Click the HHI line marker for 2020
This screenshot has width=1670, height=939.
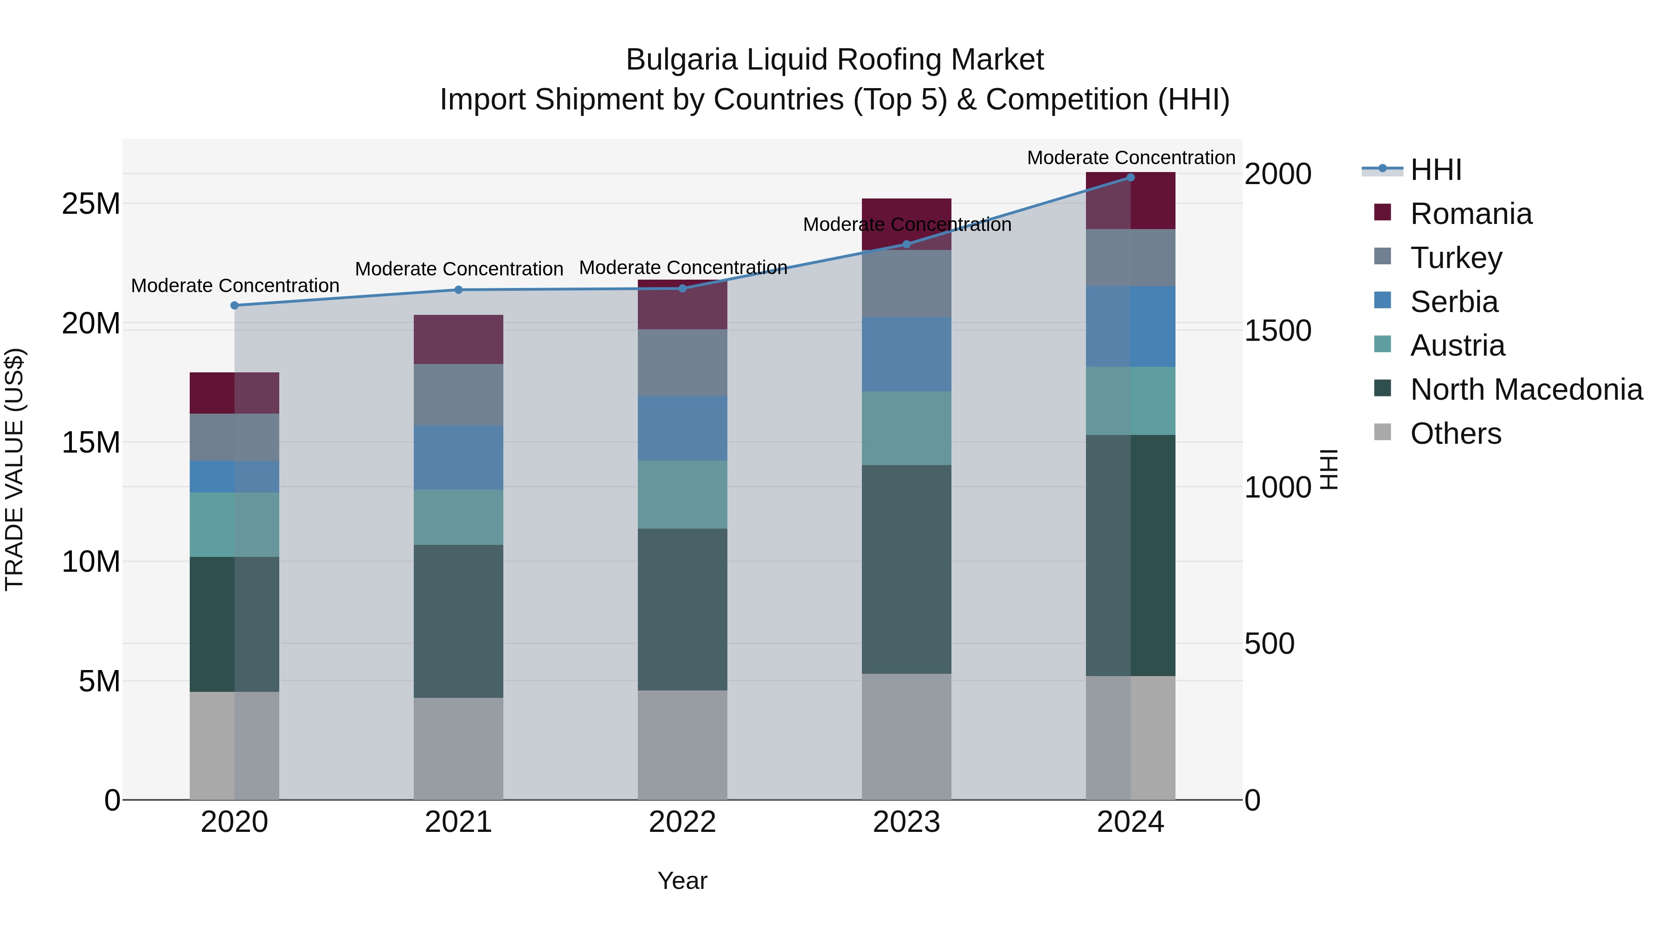tap(234, 305)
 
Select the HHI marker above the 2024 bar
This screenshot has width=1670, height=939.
tap(1130, 177)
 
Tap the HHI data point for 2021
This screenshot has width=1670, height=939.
tap(458, 290)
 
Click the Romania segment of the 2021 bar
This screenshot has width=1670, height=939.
tap(458, 339)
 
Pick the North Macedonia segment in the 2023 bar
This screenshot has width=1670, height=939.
tap(906, 569)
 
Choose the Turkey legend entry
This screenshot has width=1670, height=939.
tap(1455, 258)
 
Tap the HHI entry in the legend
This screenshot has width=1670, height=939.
tap(1435, 170)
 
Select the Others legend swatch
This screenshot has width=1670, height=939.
tap(1382, 432)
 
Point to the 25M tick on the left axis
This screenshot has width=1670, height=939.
tap(91, 204)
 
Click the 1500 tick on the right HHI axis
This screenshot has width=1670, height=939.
tap(1277, 331)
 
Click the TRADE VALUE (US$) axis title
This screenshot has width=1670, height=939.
tap(14, 469)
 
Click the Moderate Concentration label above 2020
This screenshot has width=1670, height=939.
tap(235, 285)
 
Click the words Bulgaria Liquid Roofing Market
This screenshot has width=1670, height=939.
tap(835, 60)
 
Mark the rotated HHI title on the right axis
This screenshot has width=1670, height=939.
tap(1329, 469)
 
